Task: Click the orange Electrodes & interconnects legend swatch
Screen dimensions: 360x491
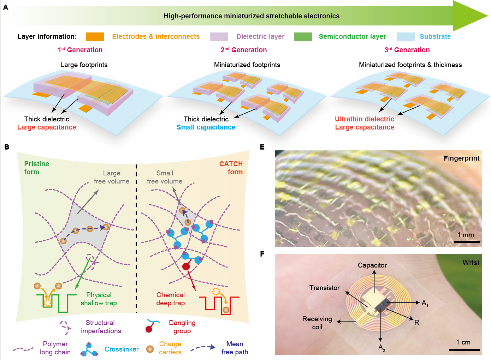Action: (x=95, y=37)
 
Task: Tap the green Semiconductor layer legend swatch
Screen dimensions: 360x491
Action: (x=303, y=37)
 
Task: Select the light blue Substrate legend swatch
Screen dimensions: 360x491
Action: (x=406, y=37)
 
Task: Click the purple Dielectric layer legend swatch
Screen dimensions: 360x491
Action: (x=219, y=37)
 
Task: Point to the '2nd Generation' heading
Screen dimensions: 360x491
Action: (x=244, y=50)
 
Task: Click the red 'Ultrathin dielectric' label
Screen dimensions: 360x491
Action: (x=364, y=119)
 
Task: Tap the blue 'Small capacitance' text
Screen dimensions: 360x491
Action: (x=206, y=127)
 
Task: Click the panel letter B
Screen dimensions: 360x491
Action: (x=7, y=147)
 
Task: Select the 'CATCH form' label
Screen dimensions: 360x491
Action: (x=231, y=168)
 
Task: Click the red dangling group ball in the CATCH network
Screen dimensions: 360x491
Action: (x=186, y=266)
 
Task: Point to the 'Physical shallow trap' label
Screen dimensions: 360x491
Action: (x=99, y=299)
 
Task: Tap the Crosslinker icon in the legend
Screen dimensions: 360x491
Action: (x=89, y=349)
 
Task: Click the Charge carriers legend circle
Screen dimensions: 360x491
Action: (x=150, y=349)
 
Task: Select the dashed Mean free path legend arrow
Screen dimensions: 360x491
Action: (x=203, y=348)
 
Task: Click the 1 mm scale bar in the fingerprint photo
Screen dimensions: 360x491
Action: (x=466, y=242)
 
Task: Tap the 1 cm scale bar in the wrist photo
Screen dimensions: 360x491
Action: (x=464, y=349)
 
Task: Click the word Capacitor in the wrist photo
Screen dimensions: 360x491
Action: (x=372, y=265)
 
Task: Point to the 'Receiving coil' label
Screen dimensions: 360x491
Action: (x=317, y=323)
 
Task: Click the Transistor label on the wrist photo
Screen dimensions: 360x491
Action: (x=324, y=288)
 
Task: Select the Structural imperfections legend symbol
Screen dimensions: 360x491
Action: (x=65, y=327)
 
